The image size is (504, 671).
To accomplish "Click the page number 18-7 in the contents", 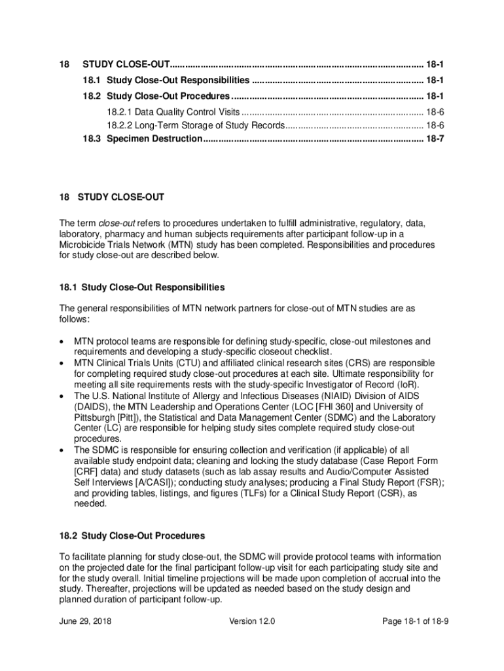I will coord(435,139).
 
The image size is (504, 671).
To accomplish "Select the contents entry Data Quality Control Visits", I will coord(173,112).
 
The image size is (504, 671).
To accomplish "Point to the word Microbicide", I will coord(82,245).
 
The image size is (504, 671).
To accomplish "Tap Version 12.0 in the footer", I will coord(252,621).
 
